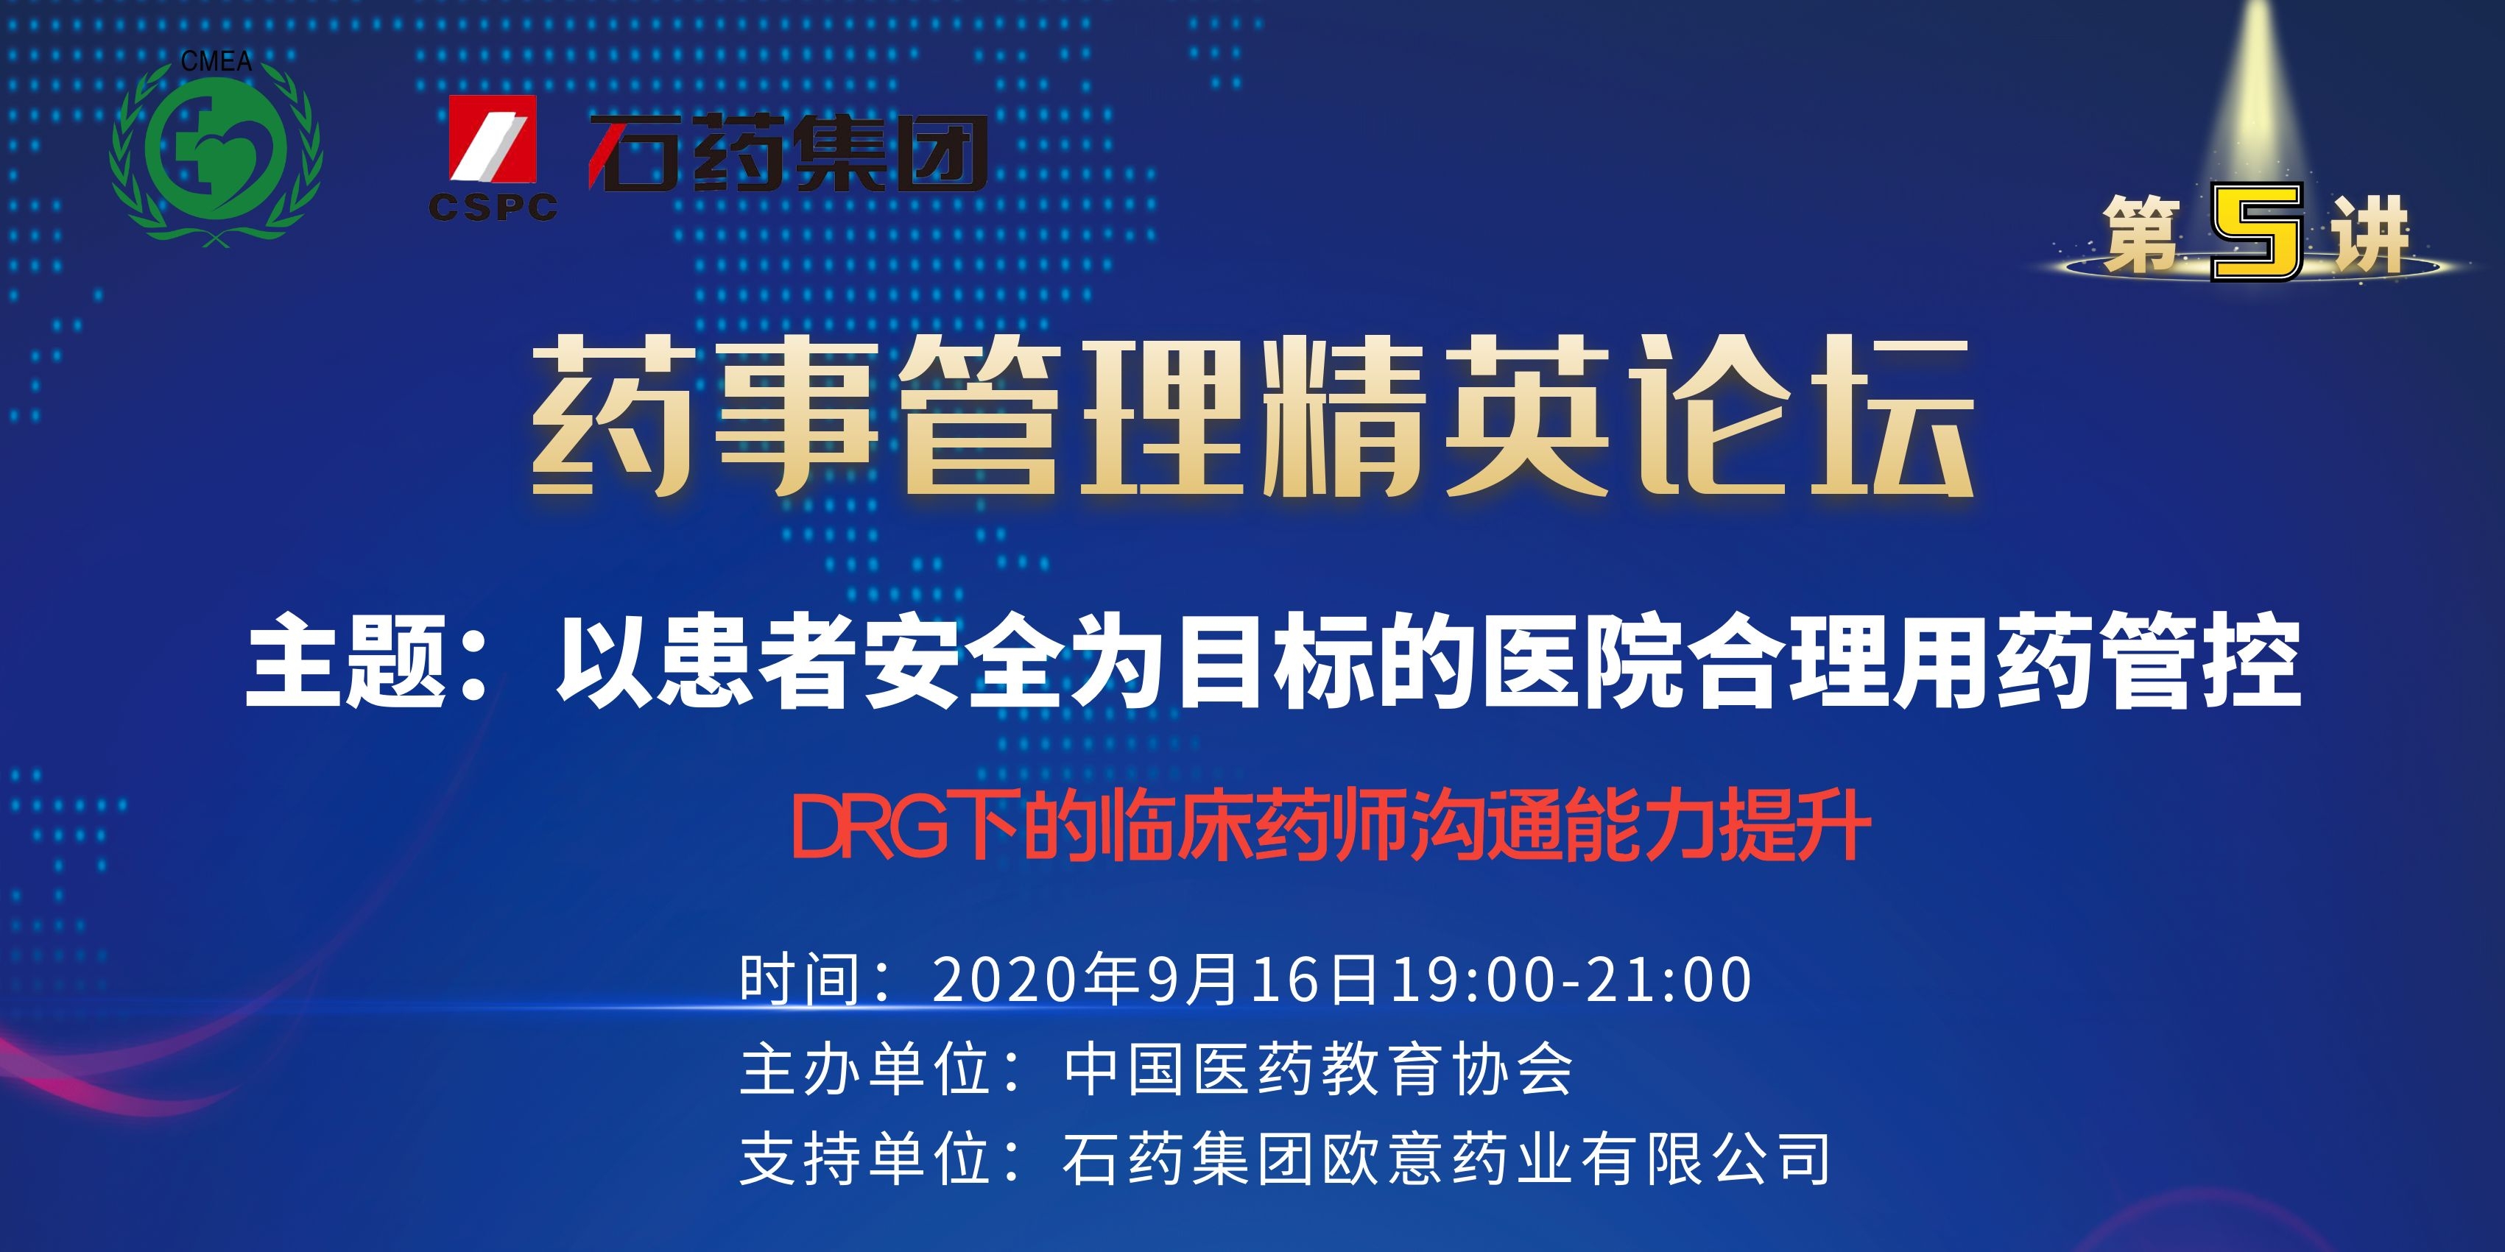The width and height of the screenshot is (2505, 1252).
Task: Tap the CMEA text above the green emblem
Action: click(x=216, y=61)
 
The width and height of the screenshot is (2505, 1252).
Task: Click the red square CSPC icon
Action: click(x=492, y=139)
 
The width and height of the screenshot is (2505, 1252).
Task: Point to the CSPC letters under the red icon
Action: click(x=493, y=206)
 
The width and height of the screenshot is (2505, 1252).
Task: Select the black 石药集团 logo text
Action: click(x=789, y=152)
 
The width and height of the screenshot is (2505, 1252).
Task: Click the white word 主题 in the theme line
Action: click(x=346, y=661)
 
